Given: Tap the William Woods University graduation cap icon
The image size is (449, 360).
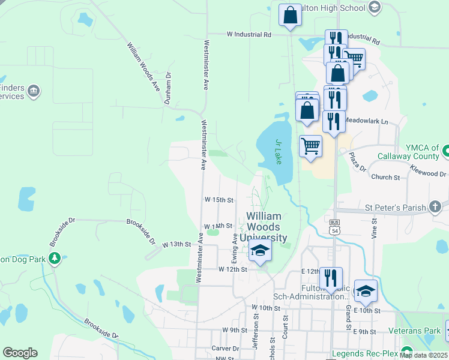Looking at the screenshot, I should point(260,250).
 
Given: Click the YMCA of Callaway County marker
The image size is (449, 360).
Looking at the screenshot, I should point(445,152).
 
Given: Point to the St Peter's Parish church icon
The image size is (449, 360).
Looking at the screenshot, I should point(435,208).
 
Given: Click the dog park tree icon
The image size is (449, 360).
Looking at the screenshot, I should point(55,258).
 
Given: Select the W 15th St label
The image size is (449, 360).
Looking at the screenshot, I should point(218,199).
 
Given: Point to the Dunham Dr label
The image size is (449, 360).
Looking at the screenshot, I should point(168,89).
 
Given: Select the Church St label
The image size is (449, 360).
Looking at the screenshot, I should point(385,178).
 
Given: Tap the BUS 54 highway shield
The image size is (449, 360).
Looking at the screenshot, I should point(334,227).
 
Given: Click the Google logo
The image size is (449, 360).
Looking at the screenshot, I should point(20,353).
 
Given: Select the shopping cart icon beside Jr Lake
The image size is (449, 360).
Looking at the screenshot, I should point(310,146).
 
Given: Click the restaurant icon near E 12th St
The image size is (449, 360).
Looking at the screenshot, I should point(331,277).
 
